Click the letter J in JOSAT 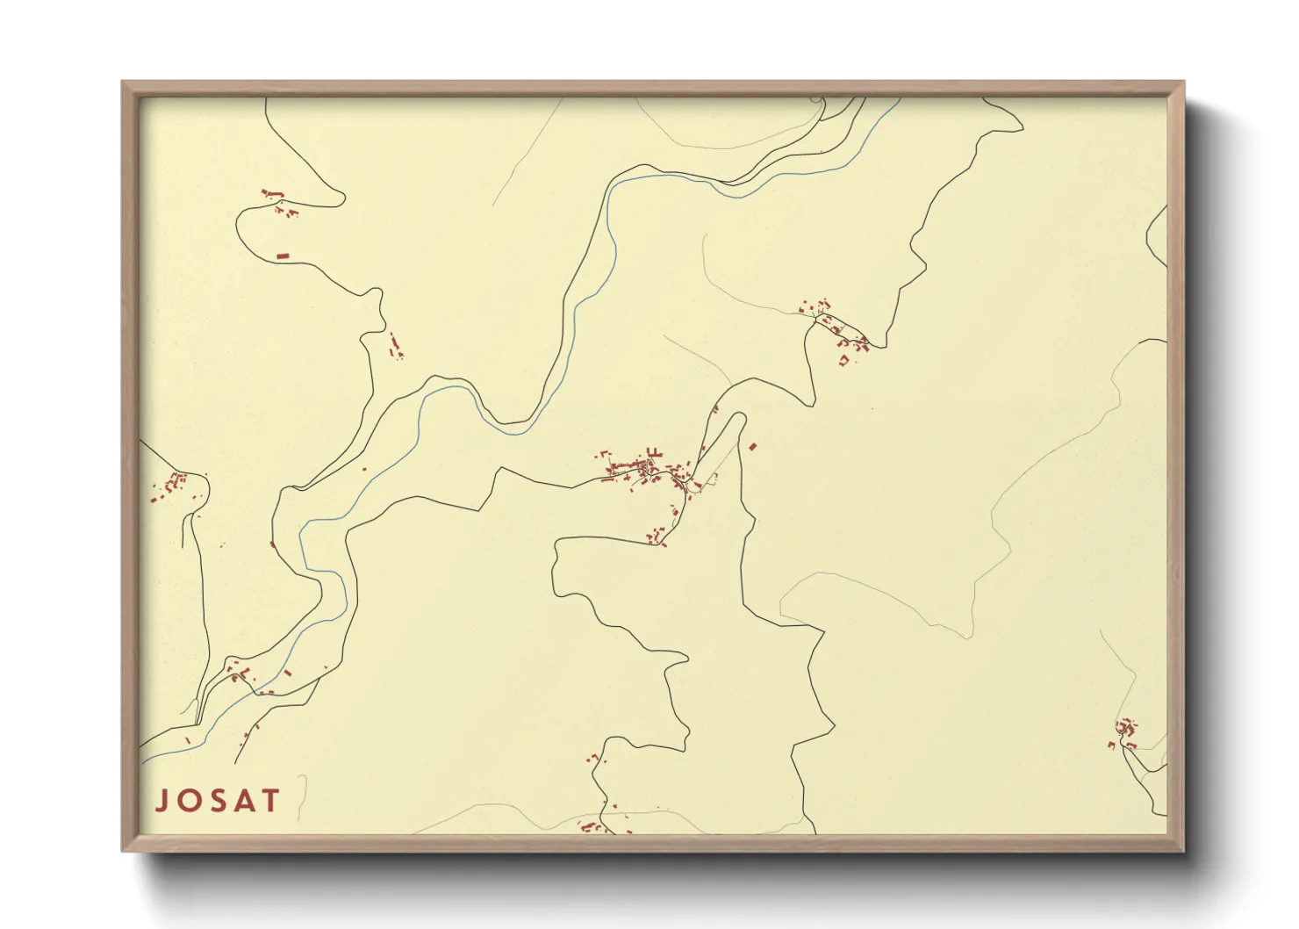(x=162, y=800)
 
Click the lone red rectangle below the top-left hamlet (x=283, y=256)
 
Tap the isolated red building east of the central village (x=752, y=447)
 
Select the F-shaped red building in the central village (x=652, y=453)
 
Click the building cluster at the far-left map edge (x=170, y=485)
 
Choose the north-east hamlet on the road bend (x=834, y=329)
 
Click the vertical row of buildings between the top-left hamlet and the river (x=395, y=345)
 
